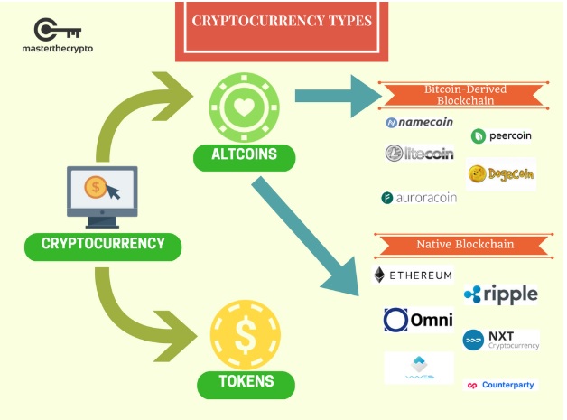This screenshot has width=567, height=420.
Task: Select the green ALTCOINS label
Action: [245, 156]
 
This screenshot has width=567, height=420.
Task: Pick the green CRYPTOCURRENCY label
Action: [104, 243]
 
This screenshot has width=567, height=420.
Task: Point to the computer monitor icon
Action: [102, 195]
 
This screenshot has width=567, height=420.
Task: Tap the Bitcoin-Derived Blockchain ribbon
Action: [465, 94]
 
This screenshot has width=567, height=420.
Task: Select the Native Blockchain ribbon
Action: [465, 244]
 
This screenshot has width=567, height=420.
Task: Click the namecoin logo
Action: [419, 122]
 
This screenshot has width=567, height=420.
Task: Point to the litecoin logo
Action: [419, 154]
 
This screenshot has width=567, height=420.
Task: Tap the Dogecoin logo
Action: [501, 173]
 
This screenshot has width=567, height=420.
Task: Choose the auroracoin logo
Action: [419, 197]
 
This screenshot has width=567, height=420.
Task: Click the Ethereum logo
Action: [414, 275]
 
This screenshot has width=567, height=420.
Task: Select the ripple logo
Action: [500, 294]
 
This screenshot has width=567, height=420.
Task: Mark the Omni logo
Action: [418, 320]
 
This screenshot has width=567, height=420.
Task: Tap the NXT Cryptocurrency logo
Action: [501, 340]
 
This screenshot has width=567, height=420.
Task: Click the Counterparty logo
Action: [500, 385]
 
